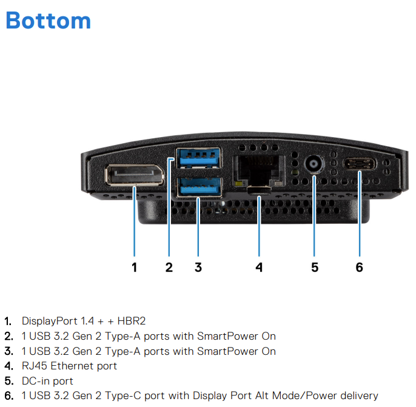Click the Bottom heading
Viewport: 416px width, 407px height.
(x=49, y=21)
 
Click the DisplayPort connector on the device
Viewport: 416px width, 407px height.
(x=135, y=175)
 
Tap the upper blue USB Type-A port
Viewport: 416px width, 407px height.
(x=199, y=158)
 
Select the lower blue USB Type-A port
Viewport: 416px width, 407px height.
(x=199, y=187)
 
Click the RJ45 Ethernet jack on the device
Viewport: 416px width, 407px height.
(x=259, y=171)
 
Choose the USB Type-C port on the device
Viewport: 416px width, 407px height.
(x=360, y=164)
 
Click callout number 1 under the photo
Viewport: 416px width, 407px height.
(x=135, y=267)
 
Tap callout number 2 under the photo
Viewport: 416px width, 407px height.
(x=169, y=267)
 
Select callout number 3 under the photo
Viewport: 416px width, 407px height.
(x=198, y=267)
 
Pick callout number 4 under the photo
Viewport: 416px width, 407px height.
(x=259, y=267)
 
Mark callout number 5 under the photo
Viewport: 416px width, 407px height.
(x=315, y=267)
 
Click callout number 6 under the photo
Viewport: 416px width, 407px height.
(x=360, y=267)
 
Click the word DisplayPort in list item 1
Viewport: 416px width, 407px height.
(x=50, y=321)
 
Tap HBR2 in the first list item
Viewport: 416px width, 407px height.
(x=132, y=321)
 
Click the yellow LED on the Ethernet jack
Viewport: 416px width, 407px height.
(x=238, y=183)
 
